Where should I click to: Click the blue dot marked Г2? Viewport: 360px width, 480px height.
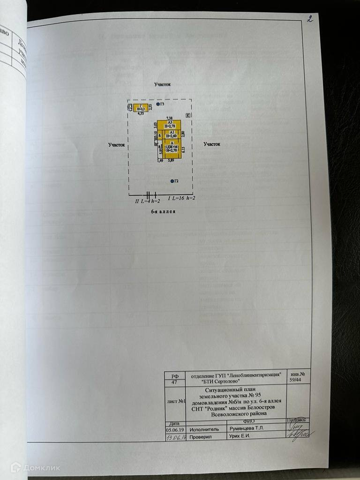pyautogui.click(x=172, y=181)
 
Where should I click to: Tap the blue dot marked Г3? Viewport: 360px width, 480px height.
pyautogui.click(x=158, y=104)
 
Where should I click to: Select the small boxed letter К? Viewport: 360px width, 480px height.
pyautogui.click(x=187, y=115)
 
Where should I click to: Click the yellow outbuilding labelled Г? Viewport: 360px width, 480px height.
pyautogui.click(x=141, y=108)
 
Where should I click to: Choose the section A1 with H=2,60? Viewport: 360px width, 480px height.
pyautogui.click(x=172, y=135)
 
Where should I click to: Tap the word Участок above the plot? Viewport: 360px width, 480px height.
pyautogui.click(x=163, y=84)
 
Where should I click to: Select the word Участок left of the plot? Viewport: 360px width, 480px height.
pyautogui.click(x=116, y=145)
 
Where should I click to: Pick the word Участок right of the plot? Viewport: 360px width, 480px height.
pyautogui.click(x=211, y=144)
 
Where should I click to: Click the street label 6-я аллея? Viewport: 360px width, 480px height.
pyautogui.click(x=160, y=211)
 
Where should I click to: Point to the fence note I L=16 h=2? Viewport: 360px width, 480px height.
pyautogui.click(x=181, y=199)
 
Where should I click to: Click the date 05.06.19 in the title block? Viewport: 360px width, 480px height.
pyautogui.click(x=174, y=428)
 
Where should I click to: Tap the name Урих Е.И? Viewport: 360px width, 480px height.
pyautogui.click(x=239, y=436)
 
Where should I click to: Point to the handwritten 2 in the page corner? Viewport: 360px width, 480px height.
pyautogui.click(x=309, y=19)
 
